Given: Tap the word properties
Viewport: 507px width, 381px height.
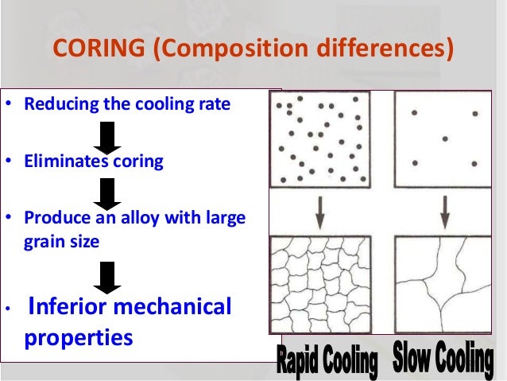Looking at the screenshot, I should pos(78,336).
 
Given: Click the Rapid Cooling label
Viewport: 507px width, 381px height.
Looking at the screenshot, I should pos(327,364).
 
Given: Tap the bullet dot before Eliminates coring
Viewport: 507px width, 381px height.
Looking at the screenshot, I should pos(9,162).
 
